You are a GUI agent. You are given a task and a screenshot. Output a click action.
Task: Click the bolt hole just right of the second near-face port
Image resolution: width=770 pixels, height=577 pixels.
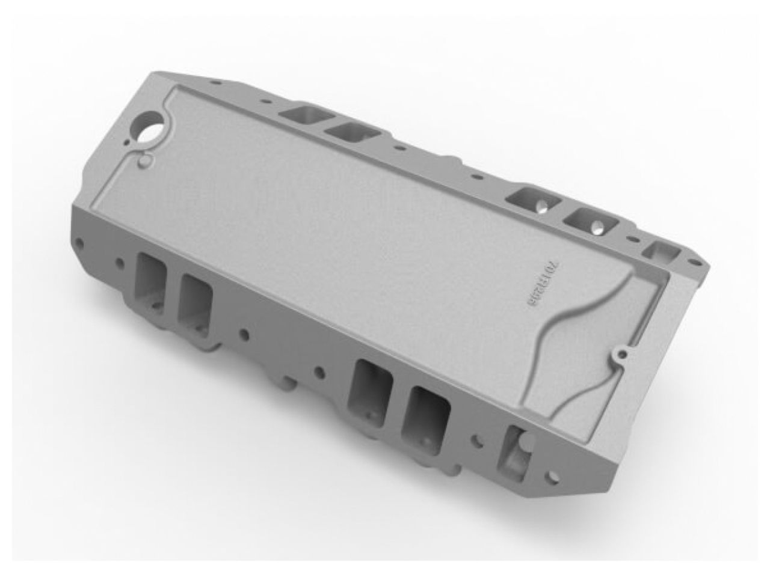tap(244, 333)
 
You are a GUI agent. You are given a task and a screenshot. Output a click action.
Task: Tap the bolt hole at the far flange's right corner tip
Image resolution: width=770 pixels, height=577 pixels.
tap(698, 262)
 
